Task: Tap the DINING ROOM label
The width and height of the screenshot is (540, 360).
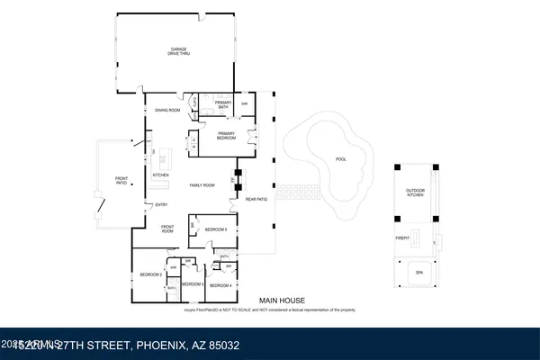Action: coord(168,110)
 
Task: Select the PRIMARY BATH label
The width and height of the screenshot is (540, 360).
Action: coord(223,105)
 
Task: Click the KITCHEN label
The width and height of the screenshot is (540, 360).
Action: coord(161,175)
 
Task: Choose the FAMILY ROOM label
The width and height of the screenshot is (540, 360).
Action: coord(202,184)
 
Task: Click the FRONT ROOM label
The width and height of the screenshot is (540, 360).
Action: coord(166,228)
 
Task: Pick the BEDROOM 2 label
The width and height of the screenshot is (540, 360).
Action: coord(149,274)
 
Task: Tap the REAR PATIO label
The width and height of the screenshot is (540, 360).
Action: coord(257,199)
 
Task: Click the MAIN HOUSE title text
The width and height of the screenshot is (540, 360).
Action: coord(283,301)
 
